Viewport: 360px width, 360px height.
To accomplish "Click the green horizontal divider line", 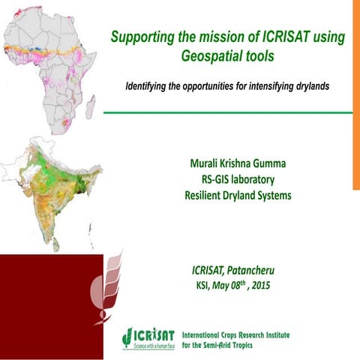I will pyautogui.click(x=225, y=112).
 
